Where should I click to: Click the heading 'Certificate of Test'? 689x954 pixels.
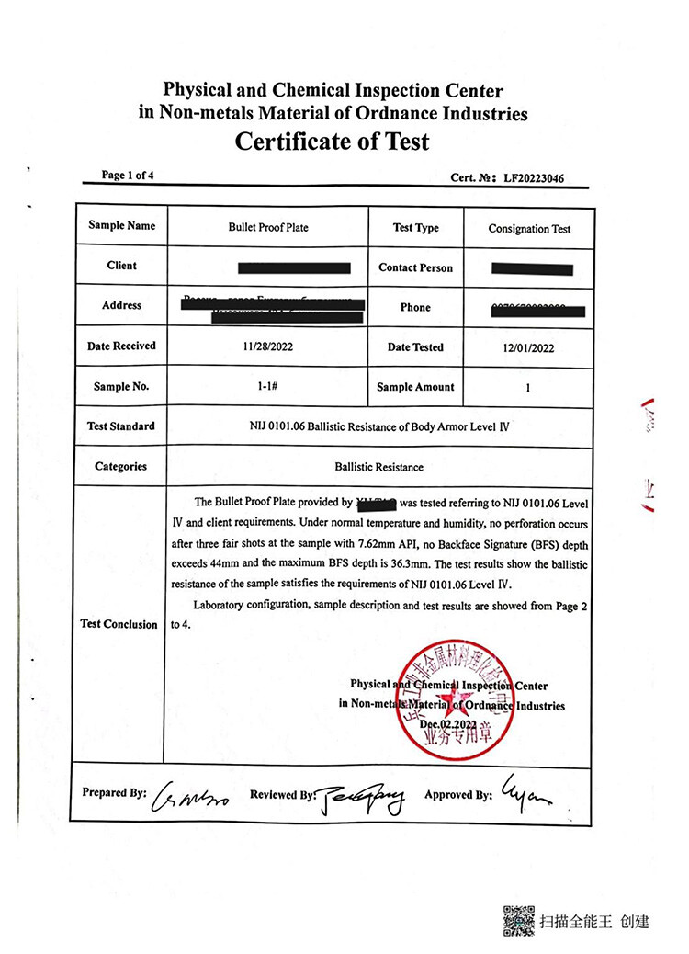332,142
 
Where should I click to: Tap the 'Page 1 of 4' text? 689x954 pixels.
128,176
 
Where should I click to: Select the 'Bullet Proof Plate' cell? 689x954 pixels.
267,227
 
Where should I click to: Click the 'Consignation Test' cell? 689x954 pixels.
529,229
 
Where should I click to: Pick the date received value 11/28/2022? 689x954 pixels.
267,347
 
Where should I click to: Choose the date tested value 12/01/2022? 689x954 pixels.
528,348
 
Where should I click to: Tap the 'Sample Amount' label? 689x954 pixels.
415,387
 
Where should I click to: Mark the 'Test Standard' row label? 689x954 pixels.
121,426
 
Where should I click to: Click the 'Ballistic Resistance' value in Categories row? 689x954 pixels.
379,467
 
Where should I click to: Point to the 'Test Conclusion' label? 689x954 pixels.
119,624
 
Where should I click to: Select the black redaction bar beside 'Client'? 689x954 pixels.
294,267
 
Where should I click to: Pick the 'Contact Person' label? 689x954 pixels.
415,267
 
